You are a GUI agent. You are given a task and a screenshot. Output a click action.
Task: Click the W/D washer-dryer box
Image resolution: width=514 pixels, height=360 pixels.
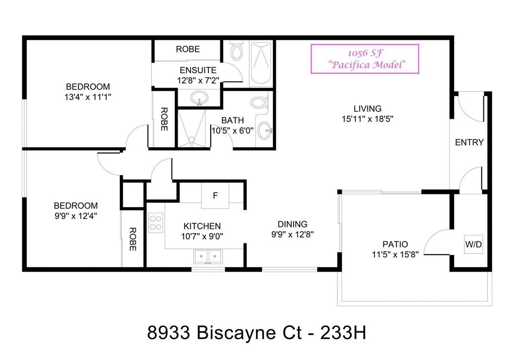point(473,244)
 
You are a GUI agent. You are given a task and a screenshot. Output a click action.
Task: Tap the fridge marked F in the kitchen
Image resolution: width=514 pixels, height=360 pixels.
point(215,196)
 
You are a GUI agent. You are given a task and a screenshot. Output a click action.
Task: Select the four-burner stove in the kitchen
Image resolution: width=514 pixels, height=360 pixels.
point(156,223)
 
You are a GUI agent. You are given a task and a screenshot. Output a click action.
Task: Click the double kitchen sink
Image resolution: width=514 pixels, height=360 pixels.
point(208,257)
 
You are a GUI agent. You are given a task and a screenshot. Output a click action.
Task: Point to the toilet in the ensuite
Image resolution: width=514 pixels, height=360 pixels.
point(236,50)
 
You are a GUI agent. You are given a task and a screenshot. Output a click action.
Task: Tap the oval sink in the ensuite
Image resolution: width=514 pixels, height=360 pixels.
point(199,98)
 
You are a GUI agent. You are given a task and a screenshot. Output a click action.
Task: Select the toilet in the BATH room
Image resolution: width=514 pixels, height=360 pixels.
point(260,102)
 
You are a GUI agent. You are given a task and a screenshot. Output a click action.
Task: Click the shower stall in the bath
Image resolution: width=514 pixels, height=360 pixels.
point(191,129)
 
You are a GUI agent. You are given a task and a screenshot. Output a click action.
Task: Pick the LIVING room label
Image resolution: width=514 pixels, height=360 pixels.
point(367,109)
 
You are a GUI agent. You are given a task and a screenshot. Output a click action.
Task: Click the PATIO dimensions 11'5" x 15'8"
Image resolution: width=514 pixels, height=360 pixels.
point(395,254)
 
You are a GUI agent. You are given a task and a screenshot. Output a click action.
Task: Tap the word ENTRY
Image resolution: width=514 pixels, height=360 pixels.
point(469,142)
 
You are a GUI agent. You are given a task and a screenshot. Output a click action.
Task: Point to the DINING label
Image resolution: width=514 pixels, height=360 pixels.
point(292,224)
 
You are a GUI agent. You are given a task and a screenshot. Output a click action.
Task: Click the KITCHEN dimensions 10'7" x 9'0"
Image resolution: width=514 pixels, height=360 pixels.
point(202,236)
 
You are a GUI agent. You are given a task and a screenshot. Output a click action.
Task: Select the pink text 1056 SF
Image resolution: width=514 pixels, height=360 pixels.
point(365,53)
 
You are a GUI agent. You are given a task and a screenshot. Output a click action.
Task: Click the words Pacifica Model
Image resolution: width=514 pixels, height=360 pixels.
point(367,65)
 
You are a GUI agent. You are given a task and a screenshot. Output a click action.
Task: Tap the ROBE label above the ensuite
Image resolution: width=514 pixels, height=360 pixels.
point(188,49)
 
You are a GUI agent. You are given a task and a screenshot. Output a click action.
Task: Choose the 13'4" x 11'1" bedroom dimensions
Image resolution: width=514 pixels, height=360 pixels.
point(88,97)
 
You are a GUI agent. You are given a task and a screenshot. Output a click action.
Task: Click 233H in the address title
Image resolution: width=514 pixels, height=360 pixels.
point(343,333)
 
